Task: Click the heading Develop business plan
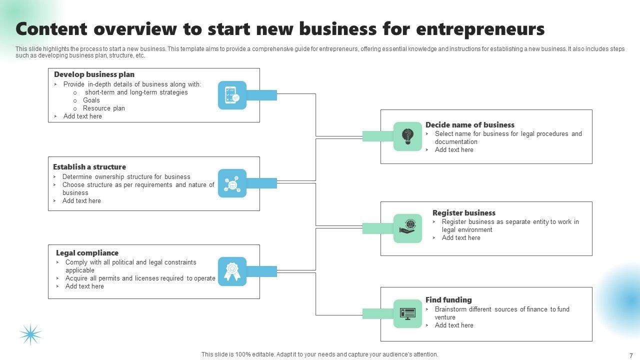(x=94, y=74)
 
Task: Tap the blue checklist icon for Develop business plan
(x=232, y=95)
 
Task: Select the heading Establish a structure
(x=89, y=167)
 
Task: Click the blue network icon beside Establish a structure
(x=232, y=183)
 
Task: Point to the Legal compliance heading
(x=87, y=253)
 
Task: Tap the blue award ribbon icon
(x=232, y=271)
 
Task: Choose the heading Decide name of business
(x=469, y=125)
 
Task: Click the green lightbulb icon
(x=407, y=136)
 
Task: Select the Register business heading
(x=463, y=213)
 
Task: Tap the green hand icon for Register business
(x=407, y=228)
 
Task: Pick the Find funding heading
(x=448, y=300)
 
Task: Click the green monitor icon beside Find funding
(x=407, y=313)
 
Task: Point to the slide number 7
(x=631, y=355)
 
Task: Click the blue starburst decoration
(x=30, y=334)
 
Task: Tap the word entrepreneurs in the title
(x=480, y=29)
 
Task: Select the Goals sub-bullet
(x=91, y=100)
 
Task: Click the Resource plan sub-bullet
(x=104, y=108)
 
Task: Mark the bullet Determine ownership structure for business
(x=126, y=176)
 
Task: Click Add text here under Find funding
(x=454, y=325)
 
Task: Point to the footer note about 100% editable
(x=319, y=354)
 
